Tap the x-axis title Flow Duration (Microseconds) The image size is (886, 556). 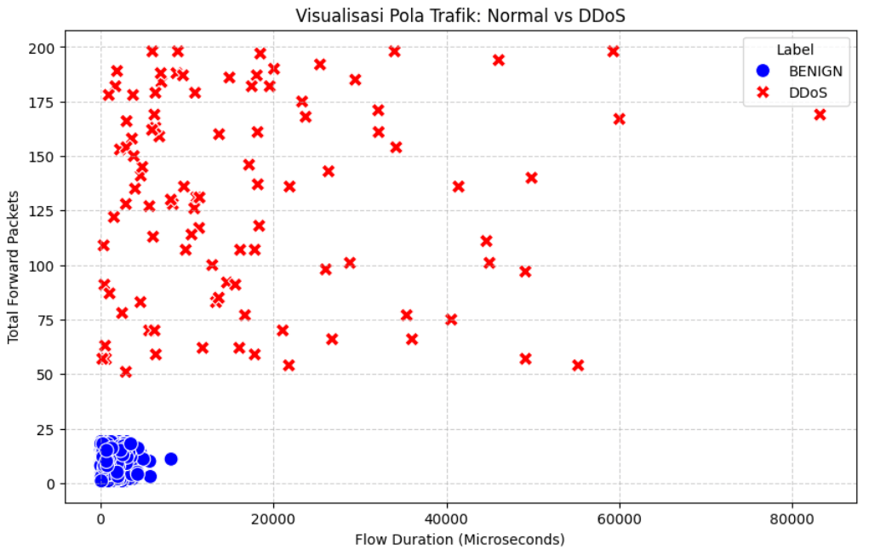click(x=460, y=539)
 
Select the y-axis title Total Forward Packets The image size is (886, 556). click(x=14, y=265)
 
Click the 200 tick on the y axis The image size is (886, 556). click(x=46, y=48)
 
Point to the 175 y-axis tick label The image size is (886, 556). click(x=46, y=102)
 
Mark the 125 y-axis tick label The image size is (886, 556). click(x=46, y=211)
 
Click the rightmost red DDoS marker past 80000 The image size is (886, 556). click(x=820, y=115)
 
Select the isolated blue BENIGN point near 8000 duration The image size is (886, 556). click(x=170, y=459)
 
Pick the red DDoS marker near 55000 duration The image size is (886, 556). click(x=578, y=365)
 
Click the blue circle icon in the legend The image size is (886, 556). click(x=763, y=72)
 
